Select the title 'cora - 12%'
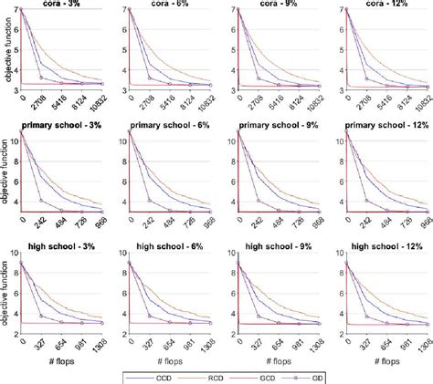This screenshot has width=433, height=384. click(382, 5)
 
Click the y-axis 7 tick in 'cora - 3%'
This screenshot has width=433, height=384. click(18, 10)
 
